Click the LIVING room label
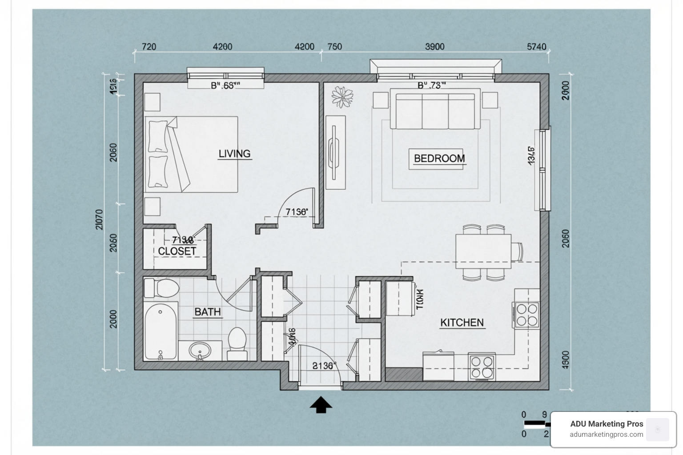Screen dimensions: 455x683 click(x=234, y=154)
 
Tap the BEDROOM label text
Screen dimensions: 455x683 click(x=439, y=159)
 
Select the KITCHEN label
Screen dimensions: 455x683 click(x=462, y=323)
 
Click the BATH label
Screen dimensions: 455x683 click(x=207, y=312)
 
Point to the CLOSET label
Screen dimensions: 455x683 click(x=177, y=251)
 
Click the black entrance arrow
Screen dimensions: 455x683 click(x=321, y=405)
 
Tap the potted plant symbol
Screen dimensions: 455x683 click(x=342, y=96)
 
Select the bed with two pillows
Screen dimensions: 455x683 click(x=191, y=154)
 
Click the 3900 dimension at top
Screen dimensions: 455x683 click(x=434, y=47)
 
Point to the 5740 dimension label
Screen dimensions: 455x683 click(x=536, y=47)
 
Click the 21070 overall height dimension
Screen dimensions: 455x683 click(x=99, y=220)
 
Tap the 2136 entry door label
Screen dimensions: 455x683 click(x=323, y=366)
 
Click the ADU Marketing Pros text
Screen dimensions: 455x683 click(x=607, y=424)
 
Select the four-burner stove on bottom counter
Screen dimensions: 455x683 click(x=482, y=367)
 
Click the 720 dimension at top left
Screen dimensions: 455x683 click(x=149, y=47)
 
